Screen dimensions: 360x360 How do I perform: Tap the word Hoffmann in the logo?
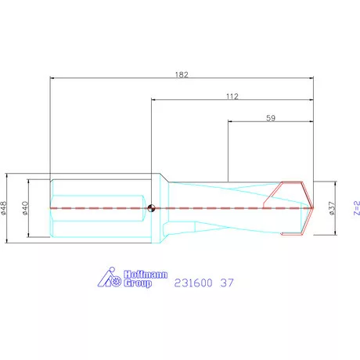point(142,274)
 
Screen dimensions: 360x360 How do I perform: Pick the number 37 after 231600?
point(226,282)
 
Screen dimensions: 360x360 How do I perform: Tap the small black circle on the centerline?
point(151,207)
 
